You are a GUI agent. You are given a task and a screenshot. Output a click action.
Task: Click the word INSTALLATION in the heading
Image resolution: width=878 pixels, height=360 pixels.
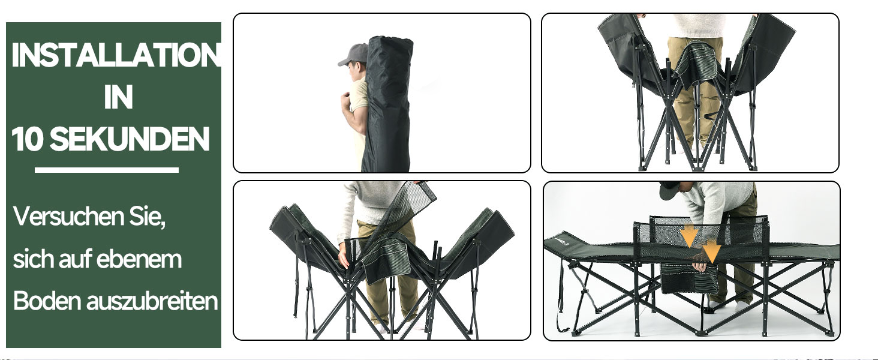click(116, 55)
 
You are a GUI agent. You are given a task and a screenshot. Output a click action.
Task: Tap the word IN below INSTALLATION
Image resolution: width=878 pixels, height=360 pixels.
click(118, 97)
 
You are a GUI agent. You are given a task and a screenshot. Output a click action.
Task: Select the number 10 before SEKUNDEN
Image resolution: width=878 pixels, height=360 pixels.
click(27, 139)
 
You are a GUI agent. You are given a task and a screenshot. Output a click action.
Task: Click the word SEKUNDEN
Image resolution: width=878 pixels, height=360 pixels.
click(130, 139)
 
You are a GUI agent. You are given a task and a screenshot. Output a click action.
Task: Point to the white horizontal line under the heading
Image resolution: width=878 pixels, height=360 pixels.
click(107, 170)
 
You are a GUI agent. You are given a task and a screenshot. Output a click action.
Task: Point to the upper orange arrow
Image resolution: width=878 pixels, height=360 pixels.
click(688, 236)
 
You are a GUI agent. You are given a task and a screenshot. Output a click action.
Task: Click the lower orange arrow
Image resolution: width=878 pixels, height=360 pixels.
click(711, 252)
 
